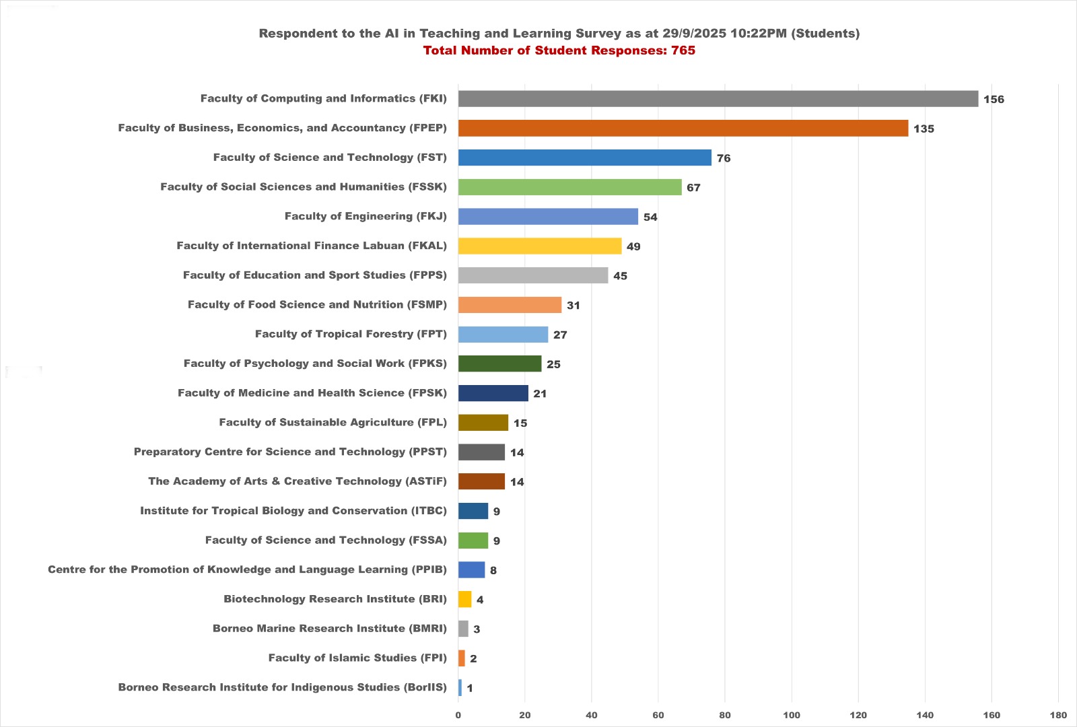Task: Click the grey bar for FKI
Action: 718,99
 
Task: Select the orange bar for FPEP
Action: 683,128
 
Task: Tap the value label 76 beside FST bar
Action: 724,158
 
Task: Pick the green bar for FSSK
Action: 569,187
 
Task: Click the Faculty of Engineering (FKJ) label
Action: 366,216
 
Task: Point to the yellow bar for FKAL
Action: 539,246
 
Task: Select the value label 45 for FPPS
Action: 620,276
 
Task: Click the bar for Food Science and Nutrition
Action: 510,305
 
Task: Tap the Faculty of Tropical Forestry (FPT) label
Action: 351,334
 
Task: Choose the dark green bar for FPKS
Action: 499,363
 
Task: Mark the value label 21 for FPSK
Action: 540,394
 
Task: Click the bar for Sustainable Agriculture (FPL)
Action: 483,423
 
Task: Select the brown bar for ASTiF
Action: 481,481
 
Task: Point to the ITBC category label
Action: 293,511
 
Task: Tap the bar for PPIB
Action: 471,570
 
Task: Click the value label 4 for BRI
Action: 480,600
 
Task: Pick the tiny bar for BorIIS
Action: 460,688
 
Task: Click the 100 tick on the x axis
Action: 792,715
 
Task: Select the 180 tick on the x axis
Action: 1058,715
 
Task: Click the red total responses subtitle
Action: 559,50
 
